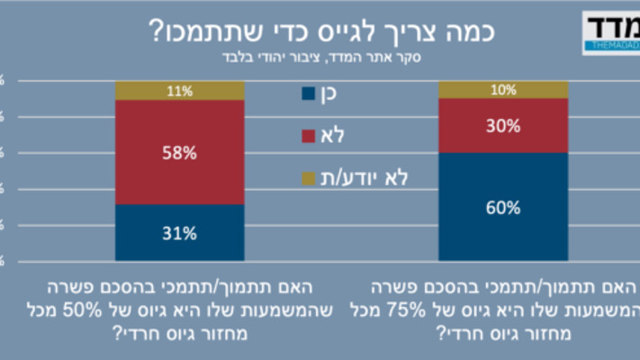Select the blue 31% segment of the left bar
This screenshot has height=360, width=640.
pyautogui.click(x=179, y=233)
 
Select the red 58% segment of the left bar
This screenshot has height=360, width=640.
pyautogui.click(x=179, y=152)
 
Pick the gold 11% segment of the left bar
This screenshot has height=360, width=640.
pyautogui.click(x=179, y=90)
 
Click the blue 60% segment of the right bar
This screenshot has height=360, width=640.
pyautogui.click(x=503, y=207)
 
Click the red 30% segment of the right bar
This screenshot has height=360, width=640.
pyautogui.click(x=503, y=125)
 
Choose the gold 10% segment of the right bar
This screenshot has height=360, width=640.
pyautogui.click(x=503, y=89)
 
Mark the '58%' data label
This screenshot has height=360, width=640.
pyautogui.click(x=179, y=153)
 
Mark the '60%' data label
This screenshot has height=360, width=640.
pyautogui.click(x=503, y=208)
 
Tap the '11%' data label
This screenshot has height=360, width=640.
pyautogui.click(x=179, y=90)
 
